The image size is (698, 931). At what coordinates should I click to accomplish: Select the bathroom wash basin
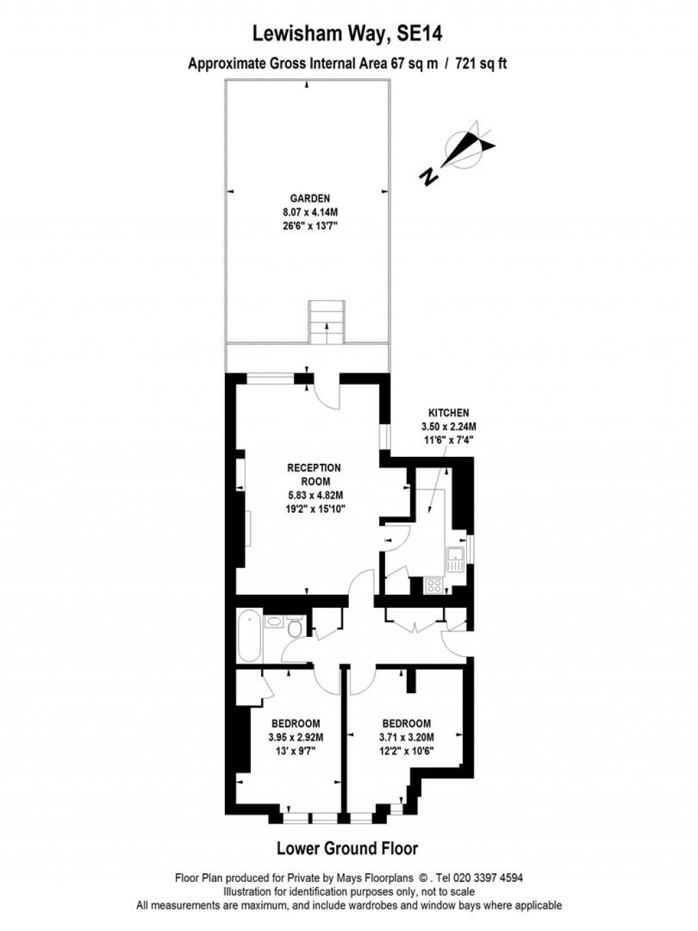[x=275, y=622]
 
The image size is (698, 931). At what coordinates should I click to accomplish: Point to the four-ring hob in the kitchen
[x=434, y=586]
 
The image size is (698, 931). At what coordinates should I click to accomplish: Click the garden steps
[x=327, y=322]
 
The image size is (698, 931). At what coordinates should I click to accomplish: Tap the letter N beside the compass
[x=429, y=177]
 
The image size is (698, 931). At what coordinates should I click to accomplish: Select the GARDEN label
[x=309, y=198]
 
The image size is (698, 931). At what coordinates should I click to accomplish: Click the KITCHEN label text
[x=449, y=413]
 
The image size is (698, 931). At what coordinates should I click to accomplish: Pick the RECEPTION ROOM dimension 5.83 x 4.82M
[x=314, y=495]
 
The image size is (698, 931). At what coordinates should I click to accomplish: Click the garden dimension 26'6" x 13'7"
[x=309, y=226]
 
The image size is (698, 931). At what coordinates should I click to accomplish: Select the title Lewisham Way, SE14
[x=348, y=34]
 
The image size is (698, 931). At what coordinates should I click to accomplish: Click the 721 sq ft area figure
[x=481, y=64]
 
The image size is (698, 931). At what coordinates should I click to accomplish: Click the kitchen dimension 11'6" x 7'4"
[x=449, y=440]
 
